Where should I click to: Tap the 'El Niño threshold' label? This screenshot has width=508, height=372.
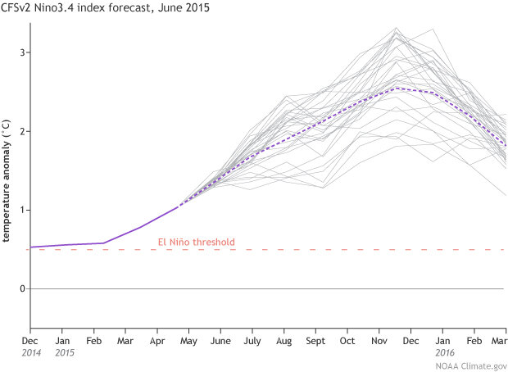(196, 242)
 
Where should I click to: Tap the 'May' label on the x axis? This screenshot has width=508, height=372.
(188, 340)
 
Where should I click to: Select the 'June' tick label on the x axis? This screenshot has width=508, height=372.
(220, 340)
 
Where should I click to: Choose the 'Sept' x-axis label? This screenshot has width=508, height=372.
(315, 340)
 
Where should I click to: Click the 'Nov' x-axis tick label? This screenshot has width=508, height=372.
(379, 340)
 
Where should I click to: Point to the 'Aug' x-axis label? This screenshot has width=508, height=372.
(283, 340)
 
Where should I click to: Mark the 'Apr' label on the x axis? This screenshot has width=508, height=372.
(156, 340)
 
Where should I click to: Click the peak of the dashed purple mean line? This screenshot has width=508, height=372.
(397, 88)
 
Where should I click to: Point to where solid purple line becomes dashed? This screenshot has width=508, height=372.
(179, 206)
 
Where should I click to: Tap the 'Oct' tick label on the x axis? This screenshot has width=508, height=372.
(347, 340)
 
